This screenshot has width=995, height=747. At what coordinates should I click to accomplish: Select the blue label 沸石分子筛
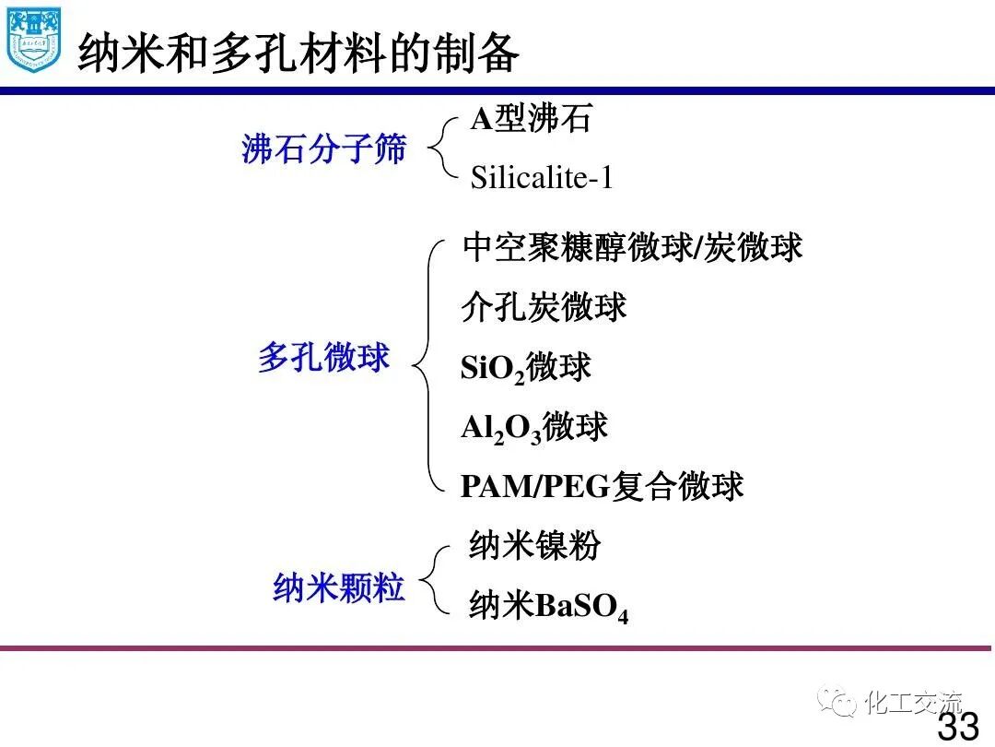[x=323, y=148]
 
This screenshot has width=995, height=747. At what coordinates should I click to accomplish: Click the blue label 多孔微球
[x=323, y=358]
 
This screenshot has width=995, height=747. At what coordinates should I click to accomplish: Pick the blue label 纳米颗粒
[x=338, y=587]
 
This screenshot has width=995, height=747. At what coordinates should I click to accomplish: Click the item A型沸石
[x=531, y=119]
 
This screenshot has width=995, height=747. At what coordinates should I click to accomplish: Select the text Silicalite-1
[x=542, y=177]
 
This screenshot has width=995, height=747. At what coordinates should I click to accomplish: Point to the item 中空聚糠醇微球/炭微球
[x=632, y=247]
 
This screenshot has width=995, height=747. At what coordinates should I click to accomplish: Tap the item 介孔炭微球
[x=544, y=307]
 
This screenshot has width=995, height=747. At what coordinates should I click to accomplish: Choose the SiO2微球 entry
[x=525, y=368]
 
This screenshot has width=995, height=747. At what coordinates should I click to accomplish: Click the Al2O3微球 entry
[x=534, y=428]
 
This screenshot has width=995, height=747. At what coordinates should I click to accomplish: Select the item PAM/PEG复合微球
[x=602, y=486]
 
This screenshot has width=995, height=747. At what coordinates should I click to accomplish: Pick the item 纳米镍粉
[x=534, y=545]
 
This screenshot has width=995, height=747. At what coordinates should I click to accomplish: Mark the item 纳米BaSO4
[x=548, y=607]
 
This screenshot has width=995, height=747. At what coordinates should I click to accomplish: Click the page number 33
[x=957, y=725]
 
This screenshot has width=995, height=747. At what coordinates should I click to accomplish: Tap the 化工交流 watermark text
[x=913, y=703]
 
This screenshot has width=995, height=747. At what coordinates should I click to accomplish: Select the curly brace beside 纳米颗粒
[x=437, y=579]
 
